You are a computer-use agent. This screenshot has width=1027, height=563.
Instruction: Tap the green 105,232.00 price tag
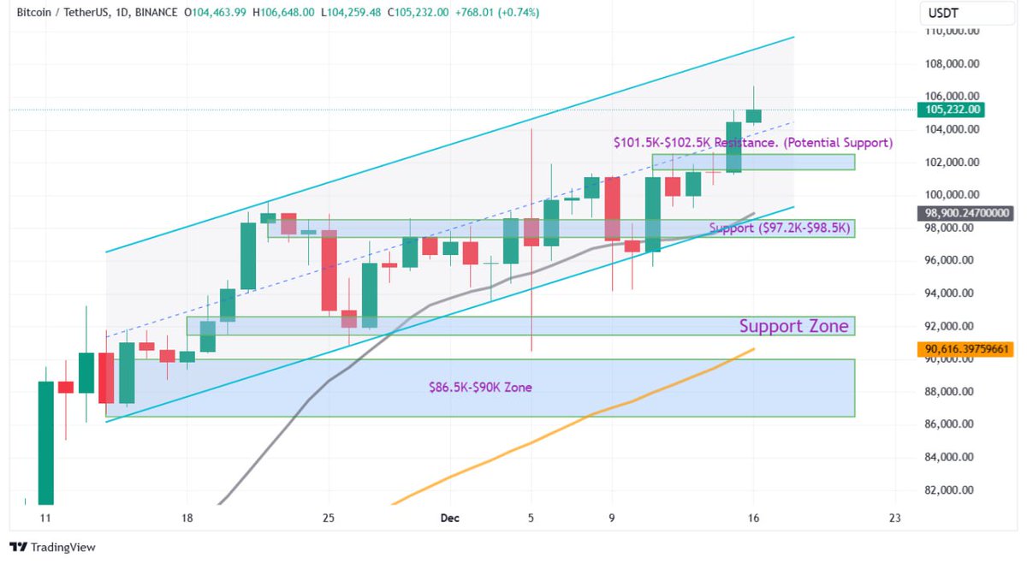pyautogui.click(x=950, y=110)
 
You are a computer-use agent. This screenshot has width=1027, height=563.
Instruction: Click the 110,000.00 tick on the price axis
pyautogui.click(x=953, y=31)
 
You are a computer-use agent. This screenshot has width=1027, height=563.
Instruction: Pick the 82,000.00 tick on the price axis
pyautogui.click(x=953, y=490)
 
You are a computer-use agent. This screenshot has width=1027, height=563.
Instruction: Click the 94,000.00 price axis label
pyautogui.click(x=953, y=293)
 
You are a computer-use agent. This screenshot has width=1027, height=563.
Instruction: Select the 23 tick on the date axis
pyautogui.click(x=895, y=519)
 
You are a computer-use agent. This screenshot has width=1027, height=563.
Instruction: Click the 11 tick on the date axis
pyautogui.click(x=45, y=519)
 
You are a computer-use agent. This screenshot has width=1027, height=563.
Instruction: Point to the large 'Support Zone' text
pyautogui.click(x=793, y=326)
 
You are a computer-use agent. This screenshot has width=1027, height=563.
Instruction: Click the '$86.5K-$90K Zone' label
pyautogui.click(x=480, y=388)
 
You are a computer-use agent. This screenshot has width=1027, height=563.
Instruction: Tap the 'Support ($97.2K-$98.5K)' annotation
pyautogui.click(x=778, y=228)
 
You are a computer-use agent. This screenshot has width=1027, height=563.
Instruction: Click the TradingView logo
pyautogui.click(x=53, y=547)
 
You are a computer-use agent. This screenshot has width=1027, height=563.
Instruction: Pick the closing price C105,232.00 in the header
pyautogui.click(x=419, y=12)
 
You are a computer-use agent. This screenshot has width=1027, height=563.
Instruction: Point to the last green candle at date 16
pyautogui.click(x=753, y=116)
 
